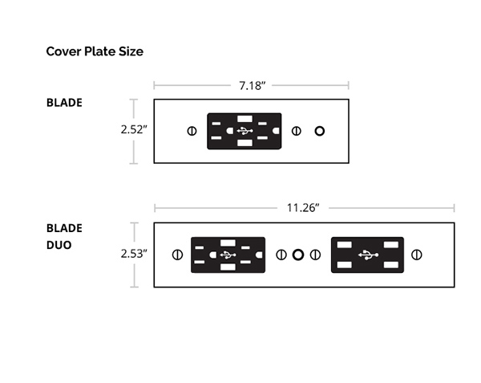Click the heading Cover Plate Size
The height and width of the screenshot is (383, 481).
click(x=95, y=51)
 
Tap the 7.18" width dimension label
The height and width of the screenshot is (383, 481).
click(x=253, y=86)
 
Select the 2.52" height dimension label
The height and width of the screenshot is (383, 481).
click(x=134, y=129)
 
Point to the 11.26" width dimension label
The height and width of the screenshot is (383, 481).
click(x=303, y=208)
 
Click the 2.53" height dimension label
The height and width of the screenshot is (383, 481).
click(x=134, y=254)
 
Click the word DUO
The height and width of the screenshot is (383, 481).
click(x=59, y=245)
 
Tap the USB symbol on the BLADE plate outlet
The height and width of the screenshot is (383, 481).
click(x=245, y=131)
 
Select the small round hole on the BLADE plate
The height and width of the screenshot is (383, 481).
click(x=320, y=131)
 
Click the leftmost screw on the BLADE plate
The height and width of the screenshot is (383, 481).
click(x=192, y=131)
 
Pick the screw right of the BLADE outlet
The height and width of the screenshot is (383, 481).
click(x=297, y=131)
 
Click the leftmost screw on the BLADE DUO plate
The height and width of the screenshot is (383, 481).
click(x=177, y=255)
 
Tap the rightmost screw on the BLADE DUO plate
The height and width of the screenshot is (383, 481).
click(x=417, y=255)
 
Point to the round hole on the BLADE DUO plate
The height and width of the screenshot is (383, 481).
click(x=298, y=255)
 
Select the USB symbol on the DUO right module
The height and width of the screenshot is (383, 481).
click(x=368, y=255)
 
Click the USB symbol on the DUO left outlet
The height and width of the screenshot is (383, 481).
click(x=228, y=255)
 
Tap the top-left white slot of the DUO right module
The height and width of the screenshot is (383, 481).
click(x=345, y=245)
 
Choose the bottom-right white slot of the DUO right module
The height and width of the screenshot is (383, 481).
click(x=391, y=265)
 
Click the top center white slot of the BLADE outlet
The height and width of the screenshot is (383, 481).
click(x=245, y=119)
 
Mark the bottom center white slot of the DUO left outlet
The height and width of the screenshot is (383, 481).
click(x=228, y=267)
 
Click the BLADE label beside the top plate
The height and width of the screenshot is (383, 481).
click(x=64, y=103)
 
